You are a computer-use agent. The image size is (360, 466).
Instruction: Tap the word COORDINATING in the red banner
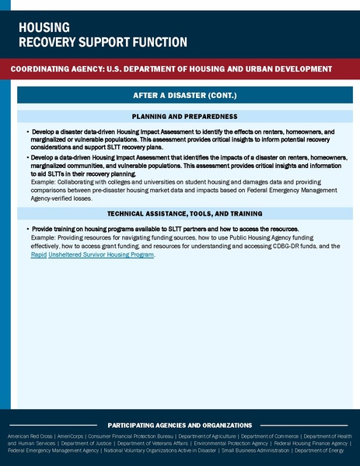[44, 69]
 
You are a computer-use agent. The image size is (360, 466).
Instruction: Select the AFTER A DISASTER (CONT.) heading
[179, 96]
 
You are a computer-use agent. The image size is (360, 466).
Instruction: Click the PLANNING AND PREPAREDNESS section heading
[179, 116]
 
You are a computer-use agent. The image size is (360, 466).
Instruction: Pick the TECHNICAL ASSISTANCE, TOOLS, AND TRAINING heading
[179, 212]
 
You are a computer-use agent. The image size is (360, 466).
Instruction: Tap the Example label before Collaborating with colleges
[46, 184]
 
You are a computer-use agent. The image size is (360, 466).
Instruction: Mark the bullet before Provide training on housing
[28, 230]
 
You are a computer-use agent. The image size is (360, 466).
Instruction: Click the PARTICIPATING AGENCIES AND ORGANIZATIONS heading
[180, 426]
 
